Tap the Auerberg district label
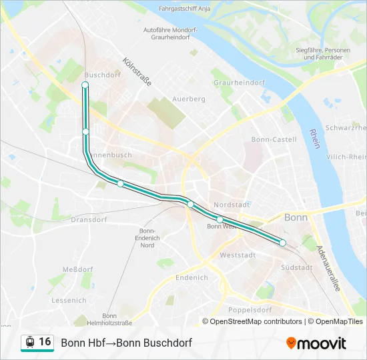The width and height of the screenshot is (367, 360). [x=188, y=99]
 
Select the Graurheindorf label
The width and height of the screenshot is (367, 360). [x=239, y=83]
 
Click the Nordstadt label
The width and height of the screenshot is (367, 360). [x=232, y=205]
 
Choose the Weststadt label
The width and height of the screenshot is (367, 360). [x=237, y=255]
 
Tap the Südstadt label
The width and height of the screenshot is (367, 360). [x=296, y=267]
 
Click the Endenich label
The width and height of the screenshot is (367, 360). [x=192, y=277]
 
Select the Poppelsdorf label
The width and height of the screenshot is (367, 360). [x=250, y=310]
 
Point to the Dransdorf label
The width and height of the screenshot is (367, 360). [x=89, y=219]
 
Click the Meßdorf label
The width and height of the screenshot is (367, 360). [x=77, y=269]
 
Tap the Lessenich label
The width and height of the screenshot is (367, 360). [x=69, y=300]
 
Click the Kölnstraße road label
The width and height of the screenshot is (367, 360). [x=137, y=72]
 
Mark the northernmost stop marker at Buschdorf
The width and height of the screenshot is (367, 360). [x=85, y=85]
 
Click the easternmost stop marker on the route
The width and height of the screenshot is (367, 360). [x=282, y=243]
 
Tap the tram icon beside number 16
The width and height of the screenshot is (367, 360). [x=29, y=342]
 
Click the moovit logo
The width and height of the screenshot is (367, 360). [x=316, y=343]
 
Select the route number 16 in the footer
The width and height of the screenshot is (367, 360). [x=45, y=341]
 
